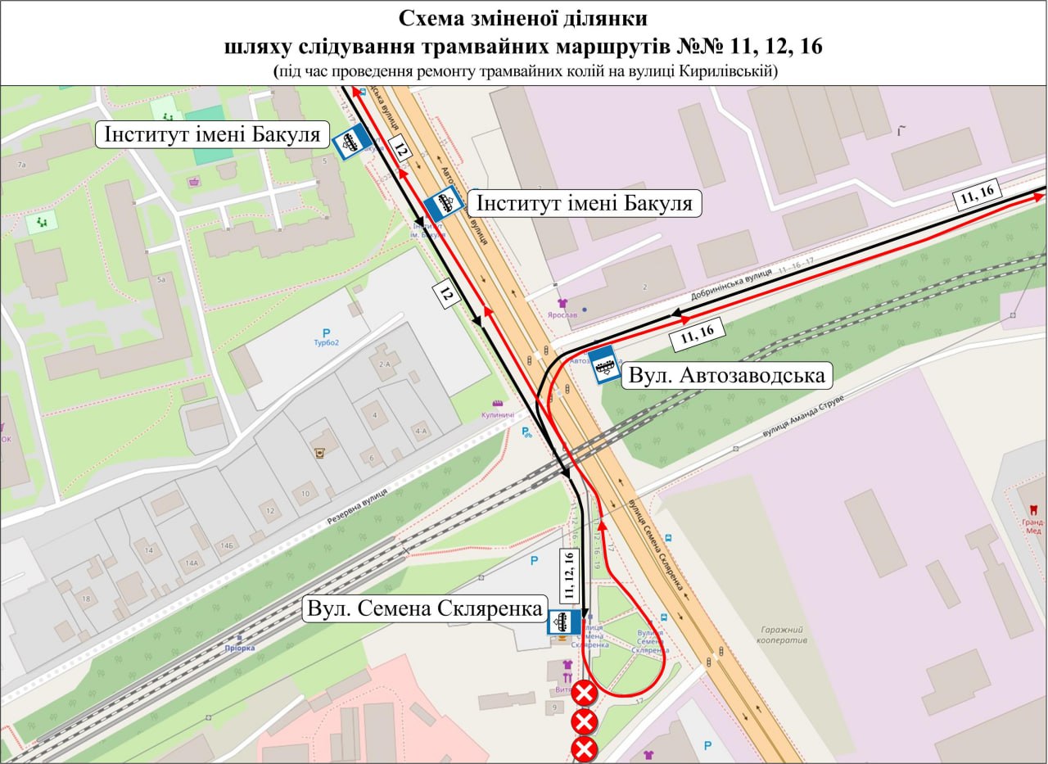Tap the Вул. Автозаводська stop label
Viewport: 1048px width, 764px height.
[x=726, y=376]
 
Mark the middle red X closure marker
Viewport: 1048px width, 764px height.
[x=584, y=722]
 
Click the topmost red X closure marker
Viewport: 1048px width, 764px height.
[x=584, y=694]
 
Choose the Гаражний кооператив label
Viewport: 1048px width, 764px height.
[x=784, y=634]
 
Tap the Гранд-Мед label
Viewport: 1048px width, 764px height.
[x=1032, y=523]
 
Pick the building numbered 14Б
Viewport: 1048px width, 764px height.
[x=226, y=545]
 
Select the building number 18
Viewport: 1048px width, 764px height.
[x=86, y=599]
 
